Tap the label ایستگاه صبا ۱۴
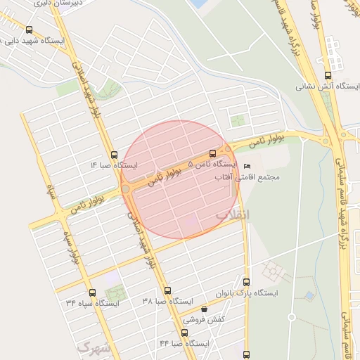pyautogui.click(x=114, y=166)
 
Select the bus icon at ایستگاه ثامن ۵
pyautogui.click(x=213, y=153)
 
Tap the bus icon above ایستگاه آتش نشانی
pyautogui.click(x=328, y=76)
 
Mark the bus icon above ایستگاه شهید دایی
pyautogui.click(x=29, y=30)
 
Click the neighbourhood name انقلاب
pyautogui.click(x=232, y=212)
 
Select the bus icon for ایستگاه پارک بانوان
pyautogui.click(x=245, y=281)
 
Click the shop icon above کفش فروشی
pyautogui.click(x=204, y=309)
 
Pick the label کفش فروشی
pyautogui.click(x=206, y=319)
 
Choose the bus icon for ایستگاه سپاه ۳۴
pyautogui.click(x=92, y=292)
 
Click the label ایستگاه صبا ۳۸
pyautogui.click(x=167, y=301)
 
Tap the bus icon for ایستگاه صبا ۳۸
pyautogui.click(x=167, y=290)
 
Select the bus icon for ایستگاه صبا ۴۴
pyautogui.click(x=185, y=333)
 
